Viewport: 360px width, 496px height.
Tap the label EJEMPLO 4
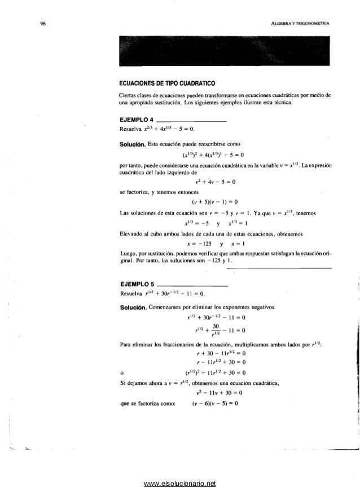[135, 120]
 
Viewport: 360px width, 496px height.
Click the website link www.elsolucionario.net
[180, 484]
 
